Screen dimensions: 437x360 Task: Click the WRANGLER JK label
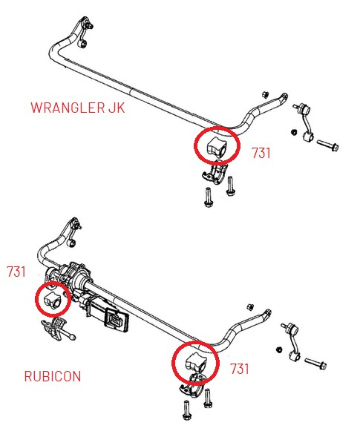pyautogui.click(x=78, y=107)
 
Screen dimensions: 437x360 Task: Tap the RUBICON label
pyautogui.click(x=52, y=376)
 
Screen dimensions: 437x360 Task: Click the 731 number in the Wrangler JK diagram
pyautogui.click(x=261, y=154)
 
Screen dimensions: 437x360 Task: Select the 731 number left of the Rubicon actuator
pyautogui.click(x=16, y=272)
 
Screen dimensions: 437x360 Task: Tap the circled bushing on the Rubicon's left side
pyautogui.click(x=53, y=300)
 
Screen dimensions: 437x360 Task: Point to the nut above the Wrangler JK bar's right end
pyautogui.click(x=264, y=93)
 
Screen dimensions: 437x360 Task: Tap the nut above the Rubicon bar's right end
pyautogui.click(x=250, y=306)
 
